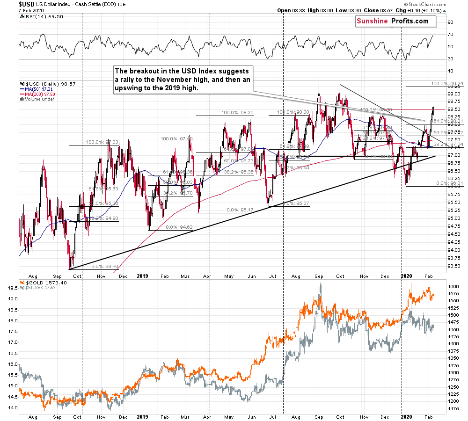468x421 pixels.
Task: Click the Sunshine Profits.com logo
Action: [x=392, y=21]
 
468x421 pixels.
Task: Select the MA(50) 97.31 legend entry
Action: [x=40, y=89]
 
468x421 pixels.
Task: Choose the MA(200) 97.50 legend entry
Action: [x=41, y=94]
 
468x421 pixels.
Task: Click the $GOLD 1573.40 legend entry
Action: [x=41, y=283]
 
